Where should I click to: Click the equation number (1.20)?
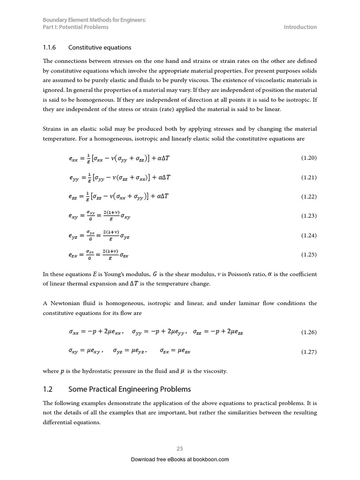tap(309, 158)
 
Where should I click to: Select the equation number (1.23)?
tap(309, 216)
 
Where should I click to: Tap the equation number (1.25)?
tap(309, 255)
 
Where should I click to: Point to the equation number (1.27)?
tap(309, 352)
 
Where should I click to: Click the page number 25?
tap(180, 449)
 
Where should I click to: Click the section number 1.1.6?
tap(49, 47)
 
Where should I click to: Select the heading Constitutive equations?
tap(100, 47)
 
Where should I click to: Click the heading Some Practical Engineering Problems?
tap(130, 389)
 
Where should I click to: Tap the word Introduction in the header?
tap(300, 27)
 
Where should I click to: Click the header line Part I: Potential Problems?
tap(75, 27)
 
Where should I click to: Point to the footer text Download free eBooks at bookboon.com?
tap(180, 459)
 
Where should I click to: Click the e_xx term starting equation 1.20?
tap(74, 158)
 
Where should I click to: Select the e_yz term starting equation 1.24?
tap(74, 236)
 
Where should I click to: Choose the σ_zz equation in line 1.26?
tap(218, 332)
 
